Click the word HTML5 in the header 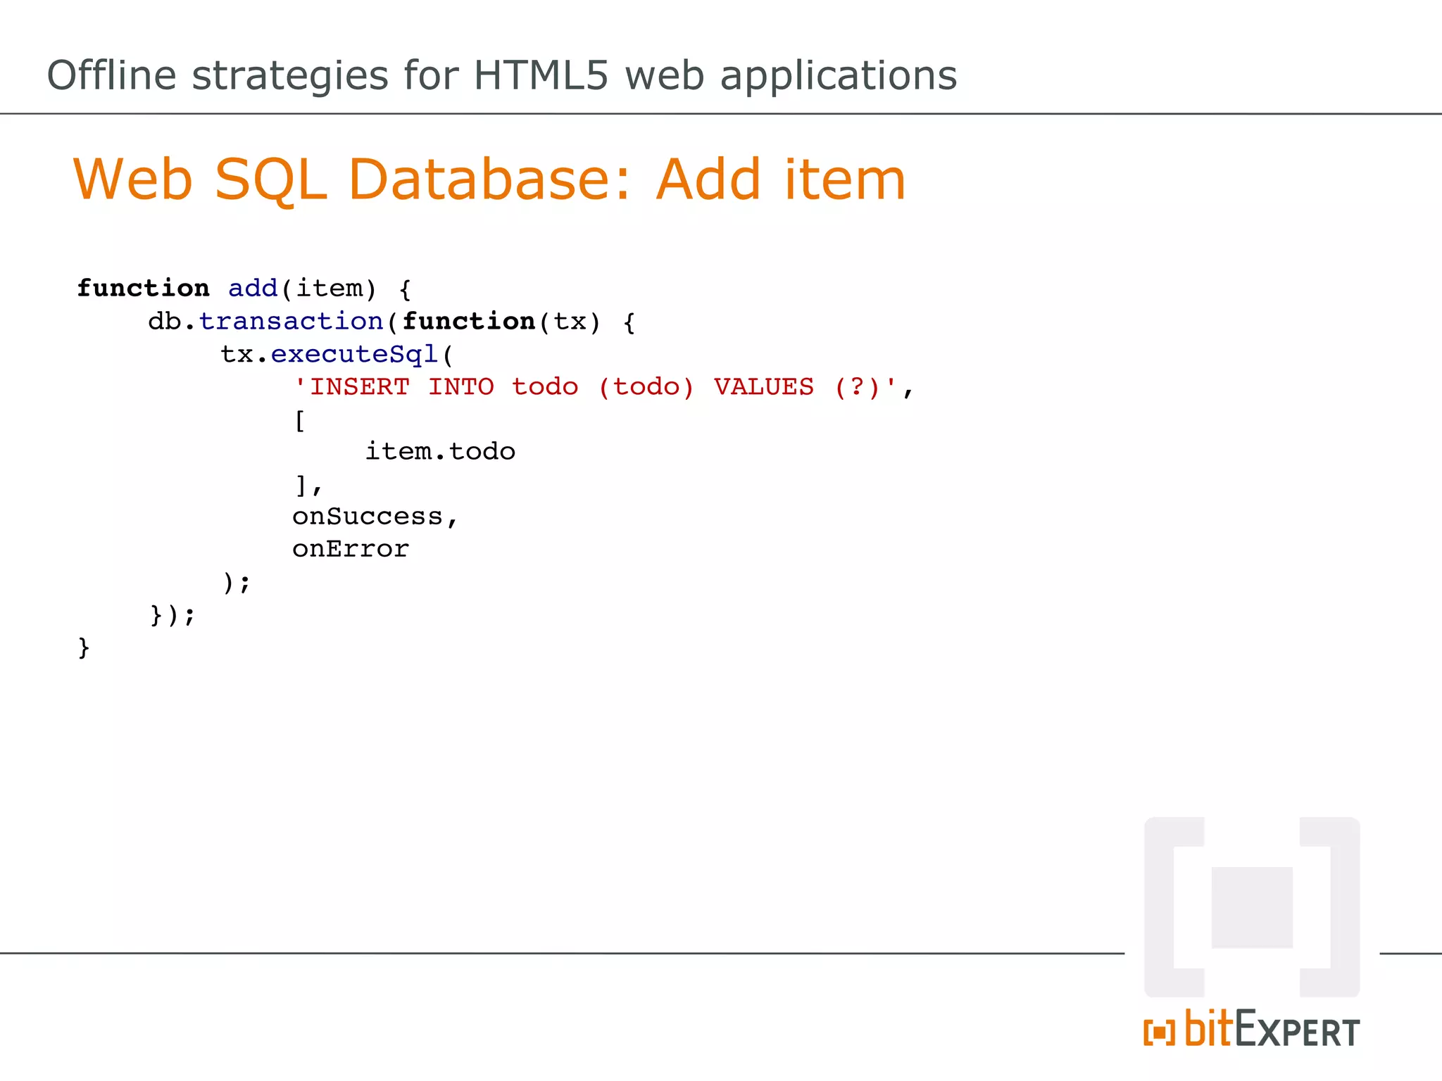pyautogui.click(x=540, y=75)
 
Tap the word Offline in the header pyautogui.click(x=111, y=75)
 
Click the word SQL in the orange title pyautogui.click(x=270, y=181)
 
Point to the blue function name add pyautogui.click(x=253, y=289)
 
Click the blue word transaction pyautogui.click(x=291, y=322)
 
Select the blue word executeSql pyautogui.click(x=355, y=354)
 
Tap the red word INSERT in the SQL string pyautogui.click(x=359, y=387)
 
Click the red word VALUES pyautogui.click(x=763, y=387)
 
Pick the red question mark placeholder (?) pyautogui.click(x=857, y=387)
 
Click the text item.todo pyautogui.click(x=440, y=451)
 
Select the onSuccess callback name pyautogui.click(x=368, y=517)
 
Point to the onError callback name pyautogui.click(x=351, y=549)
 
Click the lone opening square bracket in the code pyautogui.click(x=300, y=421)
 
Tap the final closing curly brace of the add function pyautogui.click(x=84, y=647)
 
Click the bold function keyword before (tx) pyautogui.click(x=468, y=322)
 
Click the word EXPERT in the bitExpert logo pyautogui.click(x=1297, y=1032)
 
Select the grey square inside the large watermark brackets pyautogui.click(x=1252, y=907)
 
